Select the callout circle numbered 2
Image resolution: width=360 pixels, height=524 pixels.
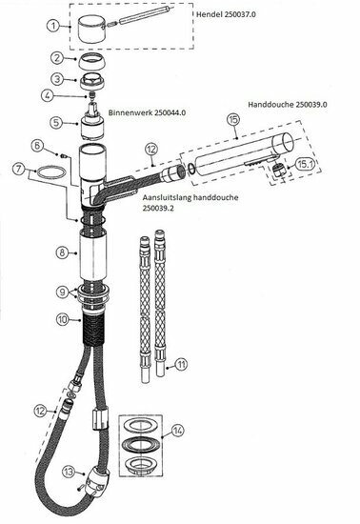58,60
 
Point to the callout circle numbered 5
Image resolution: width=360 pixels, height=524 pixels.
58,122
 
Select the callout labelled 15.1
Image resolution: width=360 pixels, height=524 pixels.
303,164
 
